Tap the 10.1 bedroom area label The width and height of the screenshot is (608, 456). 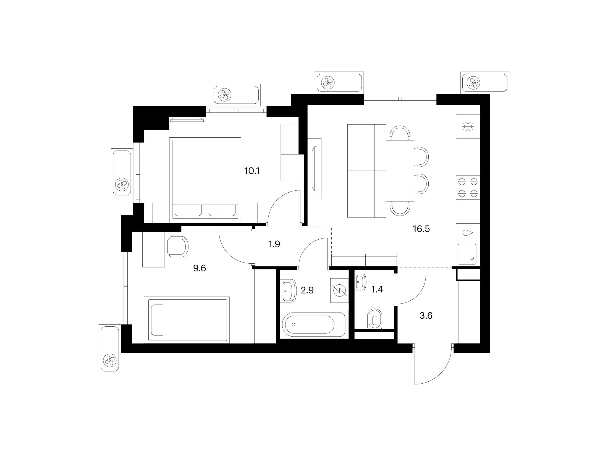coord(252,171)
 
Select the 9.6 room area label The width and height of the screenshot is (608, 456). coord(200,268)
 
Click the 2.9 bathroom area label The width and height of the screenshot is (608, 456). coord(307,290)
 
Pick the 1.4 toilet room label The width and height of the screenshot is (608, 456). coord(377,290)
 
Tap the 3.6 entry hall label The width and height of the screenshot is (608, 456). coord(426,316)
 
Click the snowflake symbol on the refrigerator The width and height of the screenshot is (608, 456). coord(468,127)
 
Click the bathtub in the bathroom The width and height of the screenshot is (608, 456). coord(313,324)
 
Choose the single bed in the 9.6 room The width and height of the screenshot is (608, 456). coord(187,320)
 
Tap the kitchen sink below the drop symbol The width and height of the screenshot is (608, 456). coord(467,254)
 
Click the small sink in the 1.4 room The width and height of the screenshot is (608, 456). coord(360,282)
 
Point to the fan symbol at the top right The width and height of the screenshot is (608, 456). coord(473,82)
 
